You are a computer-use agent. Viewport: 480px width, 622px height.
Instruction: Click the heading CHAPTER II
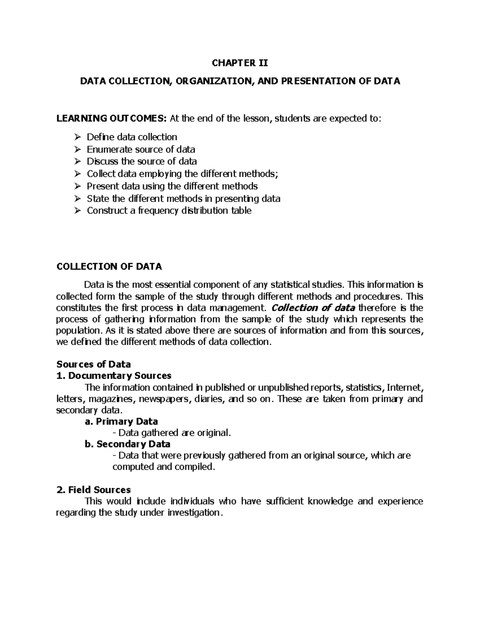click(x=240, y=63)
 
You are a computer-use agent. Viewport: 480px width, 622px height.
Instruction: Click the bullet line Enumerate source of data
click(x=141, y=149)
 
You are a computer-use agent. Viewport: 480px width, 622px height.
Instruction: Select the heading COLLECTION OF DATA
click(x=109, y=266)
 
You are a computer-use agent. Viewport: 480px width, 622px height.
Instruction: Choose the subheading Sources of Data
click(x=94, y=364)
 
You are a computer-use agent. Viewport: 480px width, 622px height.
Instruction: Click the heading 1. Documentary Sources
click(x=114, y=376)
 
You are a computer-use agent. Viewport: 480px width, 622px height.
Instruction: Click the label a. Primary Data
click(x=122, y=421)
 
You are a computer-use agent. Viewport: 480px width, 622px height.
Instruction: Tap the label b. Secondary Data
click(x=128, y=444)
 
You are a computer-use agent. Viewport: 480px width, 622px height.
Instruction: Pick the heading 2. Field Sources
click(x=94, y=490)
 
